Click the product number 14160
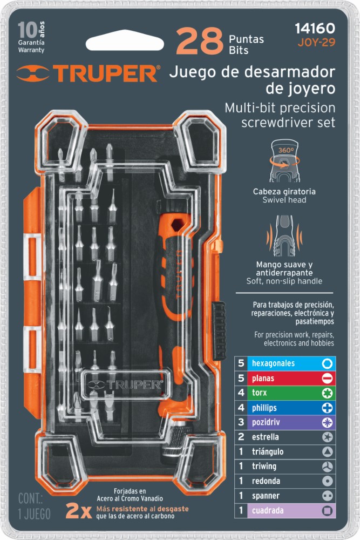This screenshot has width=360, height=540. coord(315,28)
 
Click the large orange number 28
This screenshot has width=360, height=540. coord(199,43)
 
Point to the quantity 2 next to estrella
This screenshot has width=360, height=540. coord(241,437)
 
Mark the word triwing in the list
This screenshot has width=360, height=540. coord(264,466)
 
